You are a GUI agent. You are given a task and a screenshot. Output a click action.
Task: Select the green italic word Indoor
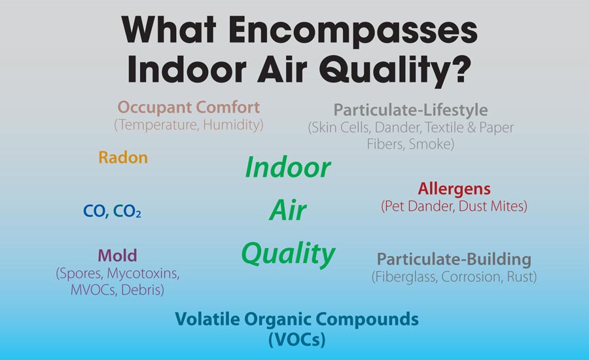tap(288, 167)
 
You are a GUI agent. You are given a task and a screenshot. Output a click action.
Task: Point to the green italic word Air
tap(288, 209)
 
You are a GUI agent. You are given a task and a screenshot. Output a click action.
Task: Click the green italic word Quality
tap(288, 254)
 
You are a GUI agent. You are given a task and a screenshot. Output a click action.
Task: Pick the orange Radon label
tap(123, 158)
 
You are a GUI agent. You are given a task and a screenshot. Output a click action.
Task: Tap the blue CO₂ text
tap(127, 211)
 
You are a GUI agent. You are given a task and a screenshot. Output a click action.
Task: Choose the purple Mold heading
tap(117, 255)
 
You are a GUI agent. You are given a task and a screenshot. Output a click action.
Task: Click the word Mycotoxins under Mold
tap(143, 274)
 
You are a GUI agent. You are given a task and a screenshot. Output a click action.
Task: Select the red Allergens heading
tap(454, 189)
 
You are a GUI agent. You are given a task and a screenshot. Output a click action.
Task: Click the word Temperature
tap(156, 125)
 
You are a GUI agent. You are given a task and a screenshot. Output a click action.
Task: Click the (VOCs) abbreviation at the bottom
tap(296, 340)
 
